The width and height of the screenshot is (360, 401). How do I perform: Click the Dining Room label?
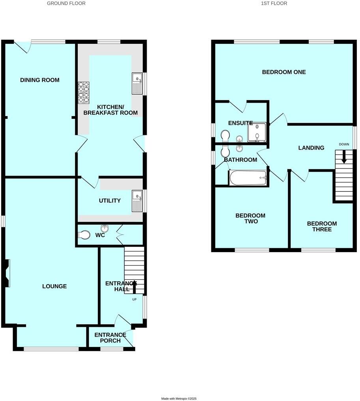40,80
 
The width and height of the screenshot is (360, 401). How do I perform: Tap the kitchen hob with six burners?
84,93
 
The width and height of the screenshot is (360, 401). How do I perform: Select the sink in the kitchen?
137,84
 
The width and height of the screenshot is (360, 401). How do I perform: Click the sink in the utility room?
137,200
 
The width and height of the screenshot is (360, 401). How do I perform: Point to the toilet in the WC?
84,235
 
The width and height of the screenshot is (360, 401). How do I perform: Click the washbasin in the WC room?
105,229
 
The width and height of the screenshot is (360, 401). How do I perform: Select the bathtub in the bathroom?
248,178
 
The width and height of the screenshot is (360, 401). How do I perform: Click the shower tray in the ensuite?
257,132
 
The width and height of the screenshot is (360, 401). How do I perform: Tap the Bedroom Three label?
322,226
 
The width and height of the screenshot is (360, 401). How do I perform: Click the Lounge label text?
54,286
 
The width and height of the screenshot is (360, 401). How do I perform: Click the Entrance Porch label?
110,337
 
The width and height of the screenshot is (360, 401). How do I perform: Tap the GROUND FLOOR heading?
66,3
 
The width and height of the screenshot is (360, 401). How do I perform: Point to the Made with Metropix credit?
179,399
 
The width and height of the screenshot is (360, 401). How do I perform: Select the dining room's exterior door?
23,46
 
